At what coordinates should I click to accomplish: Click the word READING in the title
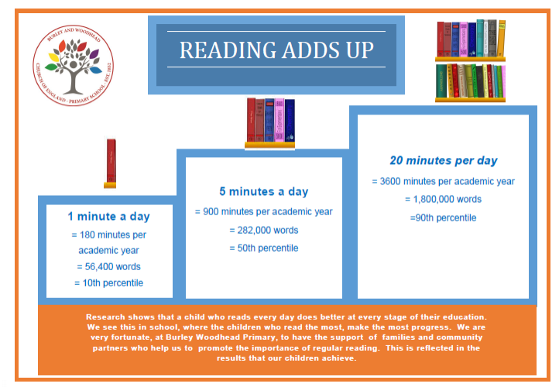point(228,50)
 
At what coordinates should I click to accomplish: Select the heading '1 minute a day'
point(108,216)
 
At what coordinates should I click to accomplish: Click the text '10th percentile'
point(113,283)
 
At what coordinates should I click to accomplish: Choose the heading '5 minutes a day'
point(264,191)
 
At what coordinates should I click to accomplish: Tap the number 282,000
point(254,230)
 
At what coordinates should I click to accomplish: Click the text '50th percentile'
point(268,248)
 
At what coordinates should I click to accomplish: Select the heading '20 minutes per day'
point(444,160)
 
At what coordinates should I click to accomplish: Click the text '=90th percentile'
point(443,217)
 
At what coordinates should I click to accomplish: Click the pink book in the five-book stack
point(279,120)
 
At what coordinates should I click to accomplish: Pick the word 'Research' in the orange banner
point(105,317)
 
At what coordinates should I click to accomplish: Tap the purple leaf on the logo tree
point(94,54)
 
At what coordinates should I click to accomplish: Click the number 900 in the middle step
point(211,211)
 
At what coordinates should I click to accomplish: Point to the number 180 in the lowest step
point(87,235)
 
